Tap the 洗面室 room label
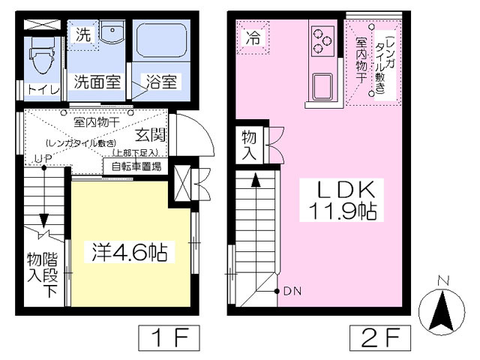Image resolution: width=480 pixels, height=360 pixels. click(97, 82)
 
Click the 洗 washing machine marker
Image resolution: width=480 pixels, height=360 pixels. click(83, 34)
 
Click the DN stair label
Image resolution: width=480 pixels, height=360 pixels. click(290, 291)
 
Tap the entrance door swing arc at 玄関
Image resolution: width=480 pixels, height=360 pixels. click(196, 135)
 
